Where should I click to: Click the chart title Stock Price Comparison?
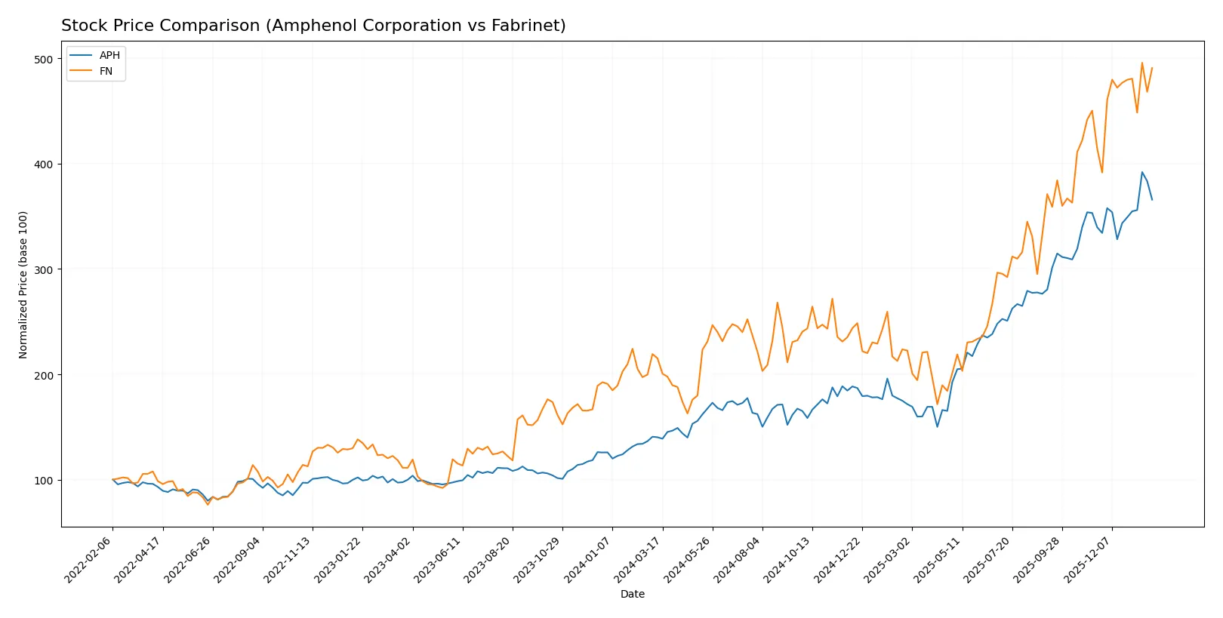click(313, 26)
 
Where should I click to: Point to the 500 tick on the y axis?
click(44, 59)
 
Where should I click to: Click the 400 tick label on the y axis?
click(44, 164)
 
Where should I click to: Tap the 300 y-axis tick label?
click(44, 269)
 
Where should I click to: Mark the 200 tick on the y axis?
click(44, 375)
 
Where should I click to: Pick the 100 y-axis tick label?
click(44, 481)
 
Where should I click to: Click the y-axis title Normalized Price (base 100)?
click(23, 284)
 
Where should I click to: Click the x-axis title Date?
click(632, 594)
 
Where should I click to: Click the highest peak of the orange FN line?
click(1142, 63)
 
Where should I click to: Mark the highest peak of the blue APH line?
click(1142, 172)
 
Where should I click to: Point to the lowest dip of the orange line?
click(208, 504)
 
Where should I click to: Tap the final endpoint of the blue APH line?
click(1152, 200)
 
